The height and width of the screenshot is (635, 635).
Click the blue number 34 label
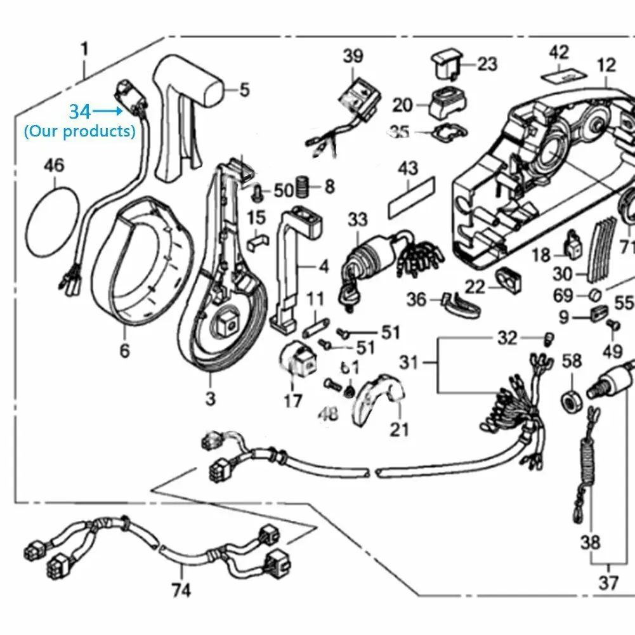80,112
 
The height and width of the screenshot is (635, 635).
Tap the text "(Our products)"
80,131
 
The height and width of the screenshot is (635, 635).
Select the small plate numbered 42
560,75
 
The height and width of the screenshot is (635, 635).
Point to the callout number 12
606,64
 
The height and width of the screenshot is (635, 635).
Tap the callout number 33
357,221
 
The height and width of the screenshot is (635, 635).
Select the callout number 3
210,399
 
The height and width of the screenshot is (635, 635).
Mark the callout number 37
608,583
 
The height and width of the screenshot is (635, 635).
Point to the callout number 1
85,48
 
